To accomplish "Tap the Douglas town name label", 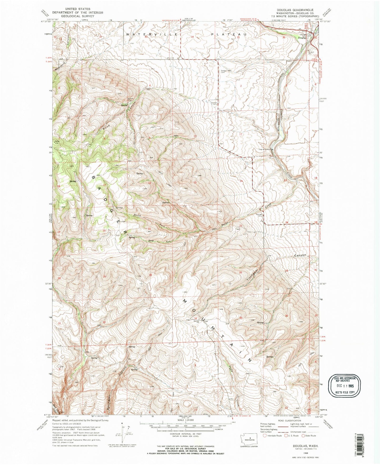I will click(302, 38).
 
